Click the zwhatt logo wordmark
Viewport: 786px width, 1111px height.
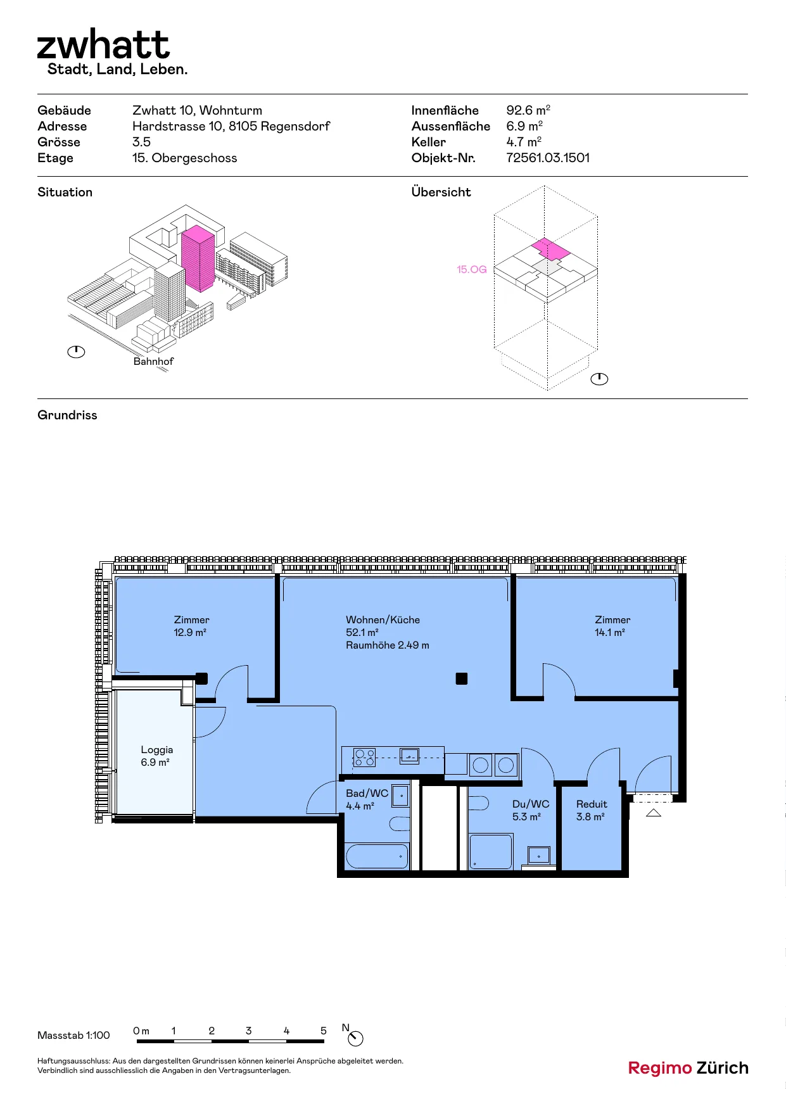(103, 44)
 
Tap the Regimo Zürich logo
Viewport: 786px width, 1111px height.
(688, 1068)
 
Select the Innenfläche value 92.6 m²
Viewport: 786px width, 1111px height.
(528, 110)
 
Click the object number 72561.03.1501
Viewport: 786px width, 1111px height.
(548, 158)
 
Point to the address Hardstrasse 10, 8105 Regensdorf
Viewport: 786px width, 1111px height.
(231, 126)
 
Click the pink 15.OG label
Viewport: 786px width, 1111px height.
(472, 269)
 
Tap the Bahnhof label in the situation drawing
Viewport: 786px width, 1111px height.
(153, 361)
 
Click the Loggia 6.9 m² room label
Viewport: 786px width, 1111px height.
(156, 756)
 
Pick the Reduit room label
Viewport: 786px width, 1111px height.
(592, 804)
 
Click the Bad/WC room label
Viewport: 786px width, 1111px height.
(367, 793)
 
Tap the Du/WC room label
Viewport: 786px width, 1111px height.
(531, 804)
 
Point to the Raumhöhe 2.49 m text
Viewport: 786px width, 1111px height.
(388, 645)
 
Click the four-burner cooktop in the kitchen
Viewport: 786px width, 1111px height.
(364, 758)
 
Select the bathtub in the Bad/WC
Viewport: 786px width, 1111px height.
(377, 856)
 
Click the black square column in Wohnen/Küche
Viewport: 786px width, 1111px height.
(462, 678)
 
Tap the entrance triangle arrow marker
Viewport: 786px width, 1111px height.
(654, 813)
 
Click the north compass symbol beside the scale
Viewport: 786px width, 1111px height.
(356, 1039)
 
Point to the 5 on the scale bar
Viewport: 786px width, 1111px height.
(324, 1031)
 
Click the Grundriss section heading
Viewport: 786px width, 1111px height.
(67, 415)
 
